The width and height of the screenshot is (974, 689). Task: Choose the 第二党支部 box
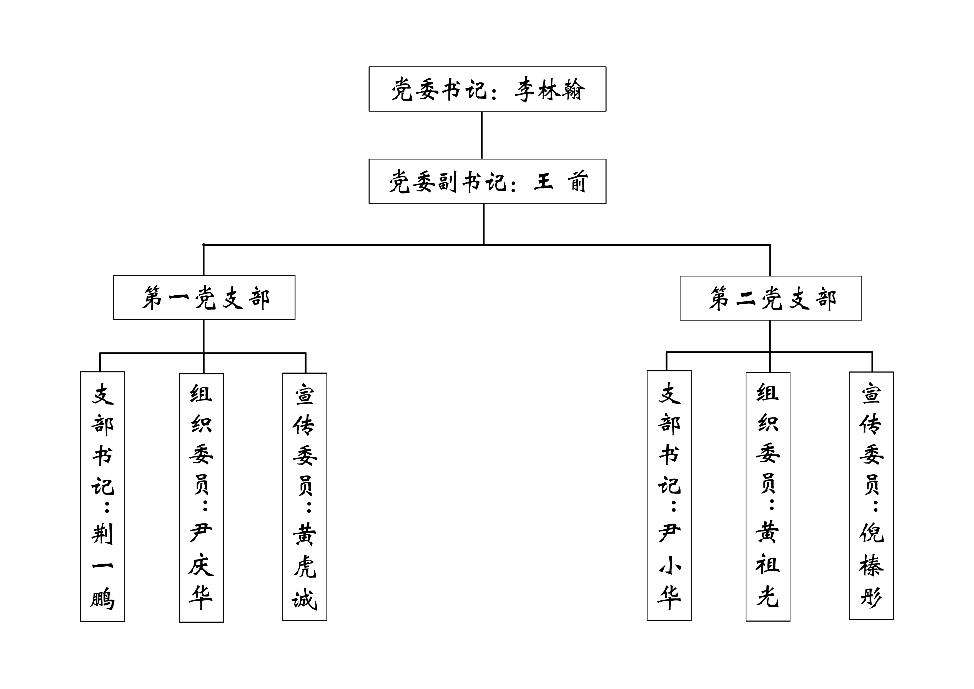770,298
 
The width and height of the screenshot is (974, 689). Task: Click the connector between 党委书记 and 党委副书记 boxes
481,135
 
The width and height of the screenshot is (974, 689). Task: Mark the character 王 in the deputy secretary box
543,182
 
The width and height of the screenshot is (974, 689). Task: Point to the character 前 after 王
577,182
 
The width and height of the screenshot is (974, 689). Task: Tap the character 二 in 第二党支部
745,299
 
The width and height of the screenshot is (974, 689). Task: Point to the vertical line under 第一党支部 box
204,336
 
